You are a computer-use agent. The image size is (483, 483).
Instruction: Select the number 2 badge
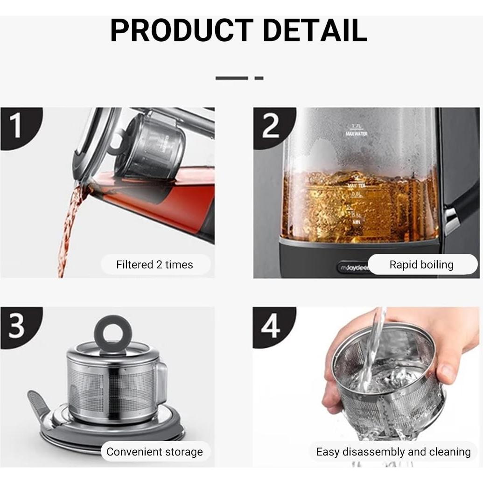[x=271, y=126]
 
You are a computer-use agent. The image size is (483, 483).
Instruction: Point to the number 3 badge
[x=17, y=326]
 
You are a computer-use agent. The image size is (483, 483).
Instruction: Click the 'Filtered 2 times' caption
[x=154, y=265]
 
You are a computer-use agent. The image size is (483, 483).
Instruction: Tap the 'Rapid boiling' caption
[x=421, y=265]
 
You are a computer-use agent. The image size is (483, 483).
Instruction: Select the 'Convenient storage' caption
[x=154, y=452]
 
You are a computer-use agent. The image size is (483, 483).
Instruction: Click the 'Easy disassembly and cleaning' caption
[x=393, y=452]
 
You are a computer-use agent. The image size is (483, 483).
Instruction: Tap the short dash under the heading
[x=259, y=78]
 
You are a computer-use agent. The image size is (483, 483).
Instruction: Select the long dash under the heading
[x=231, y=78]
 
